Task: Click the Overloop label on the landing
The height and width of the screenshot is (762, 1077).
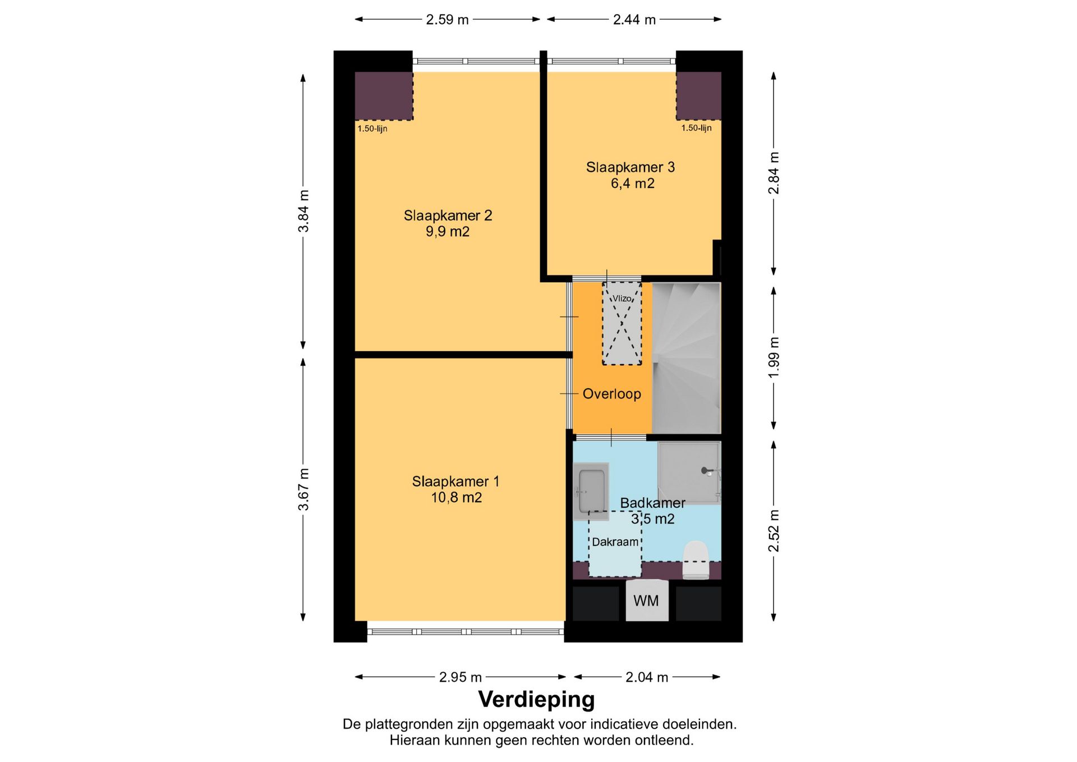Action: [x=611, y=394]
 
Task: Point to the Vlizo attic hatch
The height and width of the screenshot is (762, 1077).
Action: [x=622, y=323]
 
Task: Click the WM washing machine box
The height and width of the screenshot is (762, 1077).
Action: [x=647, y=600]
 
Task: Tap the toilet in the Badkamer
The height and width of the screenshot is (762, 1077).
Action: [x=696, y=559]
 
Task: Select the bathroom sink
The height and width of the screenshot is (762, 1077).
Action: [x=591, y=492]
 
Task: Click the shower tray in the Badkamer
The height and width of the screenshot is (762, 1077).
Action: [x=689, y=473]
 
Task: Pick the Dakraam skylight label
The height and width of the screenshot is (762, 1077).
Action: [x=615, y=542]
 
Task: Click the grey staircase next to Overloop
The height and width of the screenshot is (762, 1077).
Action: [x=686, y=358]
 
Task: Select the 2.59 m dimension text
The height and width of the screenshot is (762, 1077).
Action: [x=447, y=20]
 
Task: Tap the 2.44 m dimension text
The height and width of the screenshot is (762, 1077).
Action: [x=634, y=20]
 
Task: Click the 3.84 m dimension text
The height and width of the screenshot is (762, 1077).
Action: [x=303, y=211]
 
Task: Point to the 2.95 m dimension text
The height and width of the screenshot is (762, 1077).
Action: [x=461, y=677]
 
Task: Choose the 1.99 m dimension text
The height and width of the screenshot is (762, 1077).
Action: [x=774, y=357]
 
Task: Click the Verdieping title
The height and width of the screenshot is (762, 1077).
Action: [x=536, y=700]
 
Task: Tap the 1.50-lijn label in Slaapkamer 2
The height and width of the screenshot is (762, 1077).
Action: [x=372, y=128]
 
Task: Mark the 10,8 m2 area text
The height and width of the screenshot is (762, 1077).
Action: [x=456, y=498]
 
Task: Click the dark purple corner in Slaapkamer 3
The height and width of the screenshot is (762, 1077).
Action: [x=698, y=95]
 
